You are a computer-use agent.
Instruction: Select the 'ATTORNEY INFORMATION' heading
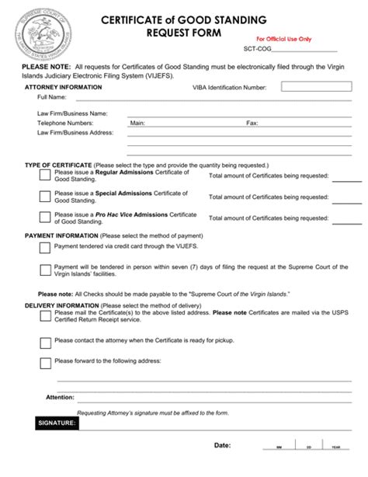(63, 88)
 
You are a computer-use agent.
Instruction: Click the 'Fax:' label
(252, 123)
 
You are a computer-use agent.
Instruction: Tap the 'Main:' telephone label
(137, 123)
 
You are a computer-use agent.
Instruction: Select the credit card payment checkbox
(45, 248)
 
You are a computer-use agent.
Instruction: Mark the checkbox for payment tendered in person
(45, 270)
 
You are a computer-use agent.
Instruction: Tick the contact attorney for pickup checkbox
(45, 340)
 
